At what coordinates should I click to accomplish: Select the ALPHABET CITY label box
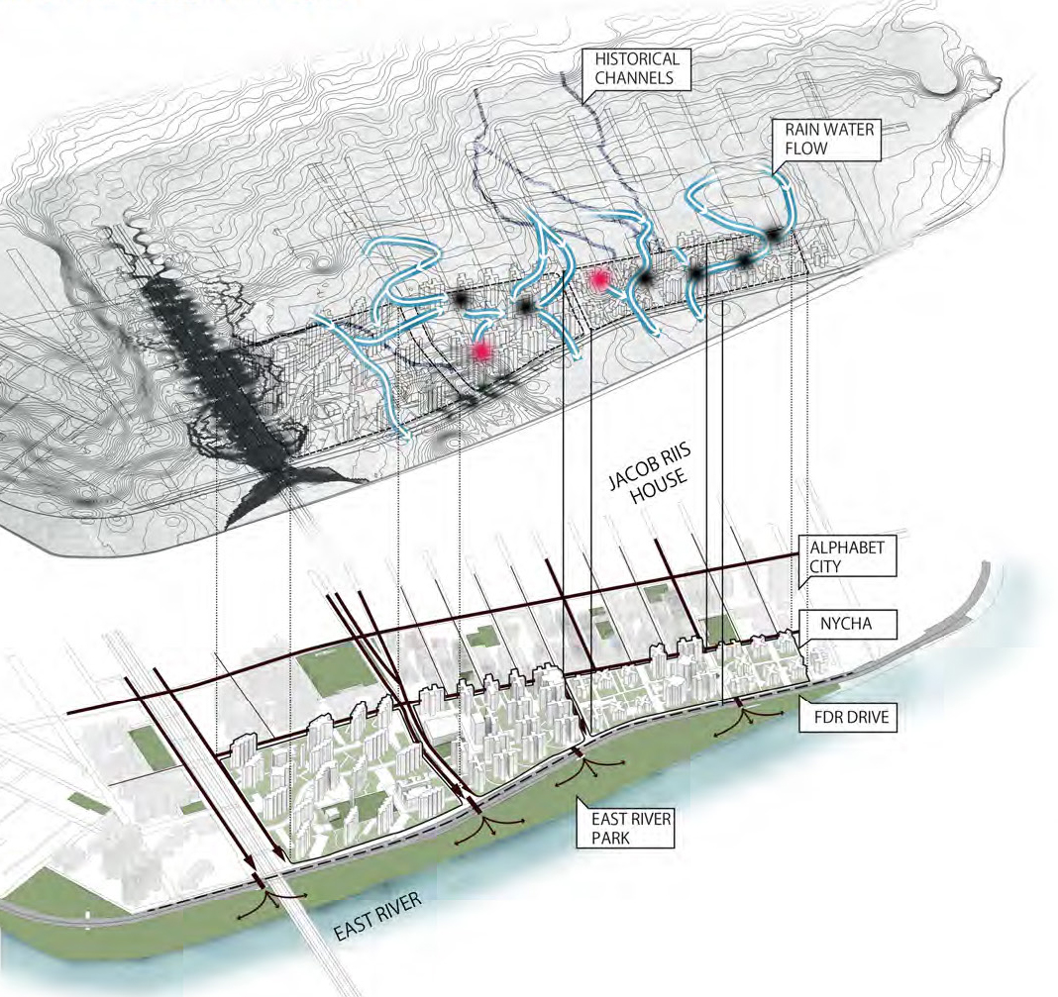click(847, 556)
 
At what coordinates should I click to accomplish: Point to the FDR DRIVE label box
click(848, 716)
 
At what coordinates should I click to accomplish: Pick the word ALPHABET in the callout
click(847, 548)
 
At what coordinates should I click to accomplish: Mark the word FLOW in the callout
click(806, 148)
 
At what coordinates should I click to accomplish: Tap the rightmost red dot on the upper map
click(597, 280)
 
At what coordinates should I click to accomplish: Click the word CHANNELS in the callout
click(634, 77)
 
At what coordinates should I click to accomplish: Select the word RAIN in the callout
click(802, 129)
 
